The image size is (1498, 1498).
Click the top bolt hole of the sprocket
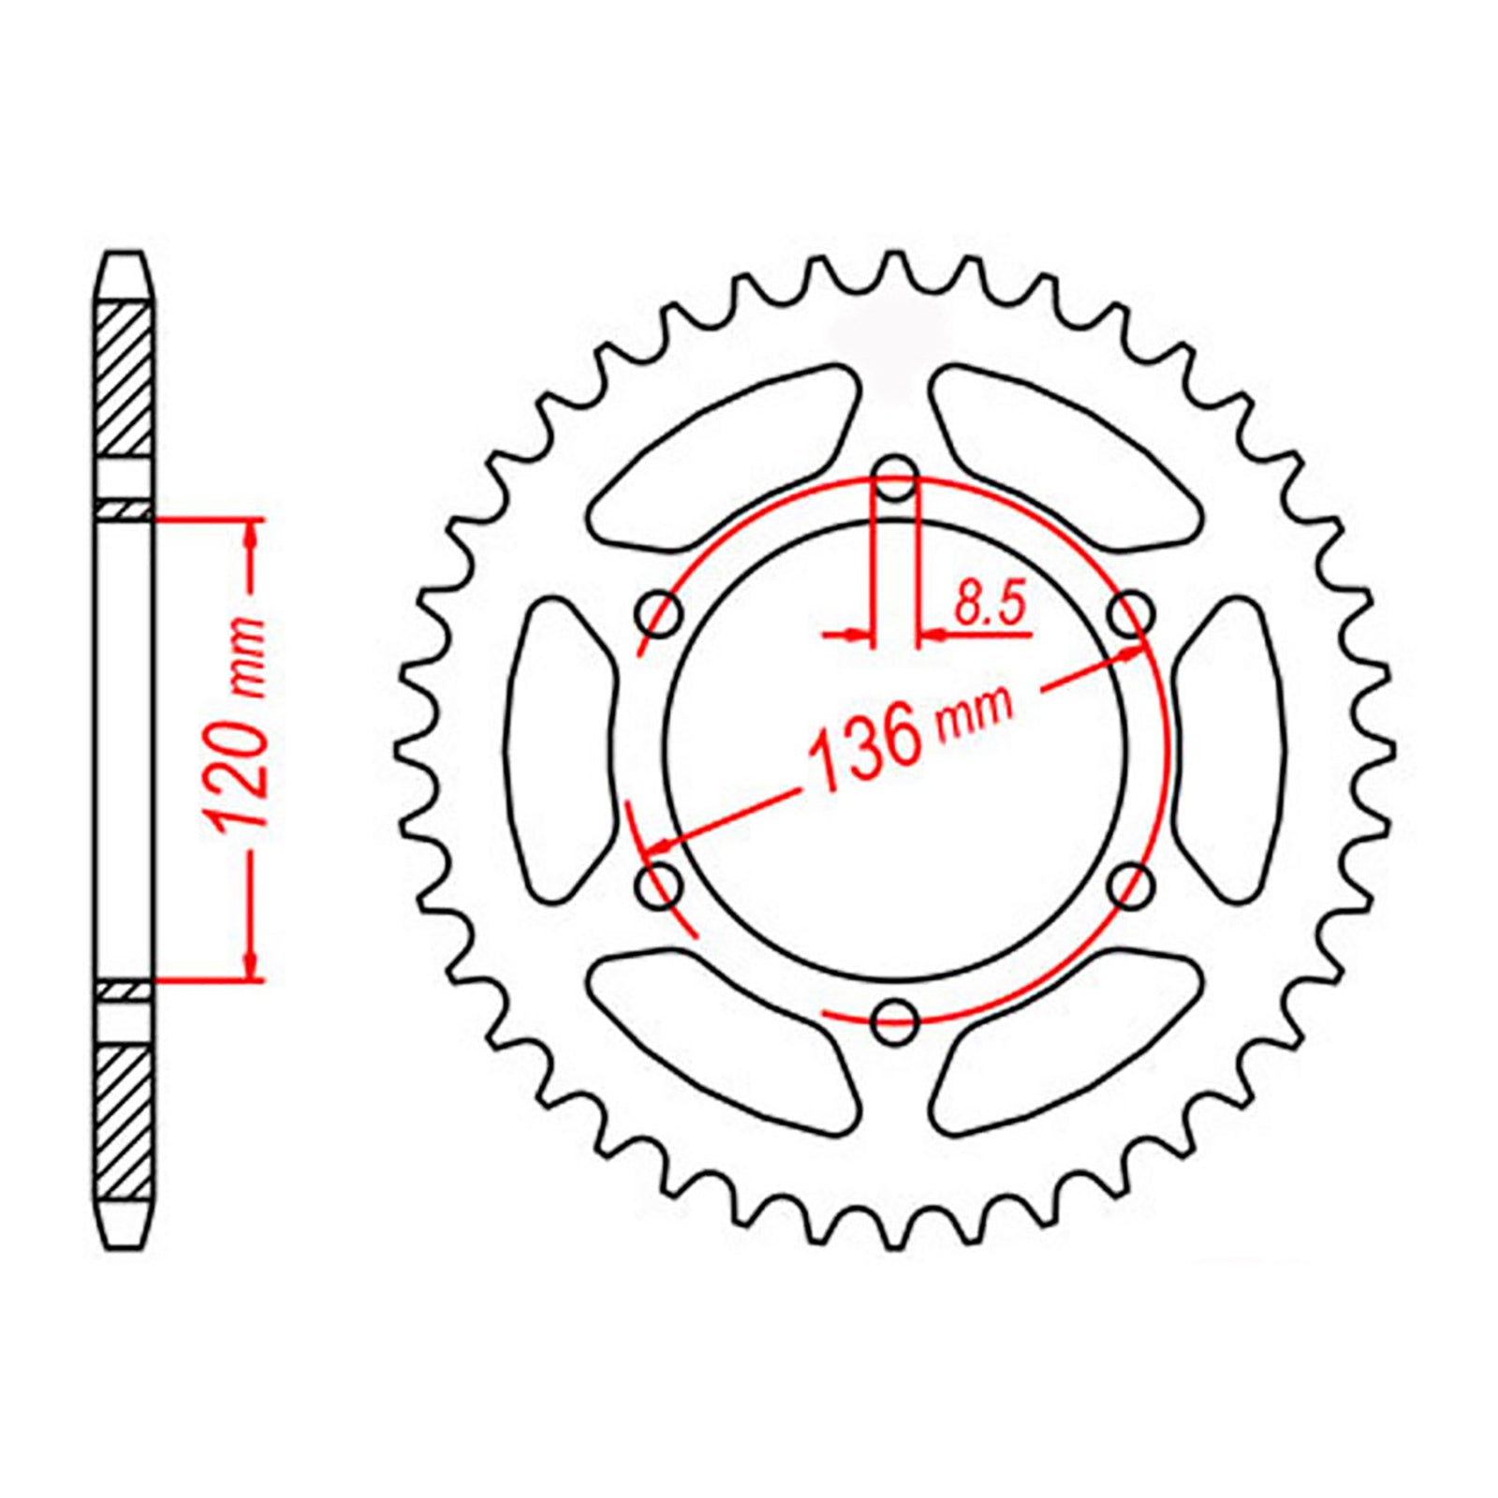pos(896,477)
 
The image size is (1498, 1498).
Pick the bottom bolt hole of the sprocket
pos(894,1021)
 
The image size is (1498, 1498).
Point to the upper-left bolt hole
pos(659,613)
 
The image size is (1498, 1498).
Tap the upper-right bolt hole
pos(1131,613)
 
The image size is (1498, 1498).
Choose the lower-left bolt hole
pos(659,885)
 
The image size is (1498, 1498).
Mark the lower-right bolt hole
pos(1131,885)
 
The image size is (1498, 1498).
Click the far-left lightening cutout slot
pos(559,750)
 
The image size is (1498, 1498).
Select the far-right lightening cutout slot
pos(1230,750)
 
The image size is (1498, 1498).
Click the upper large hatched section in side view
pos(125,378)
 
